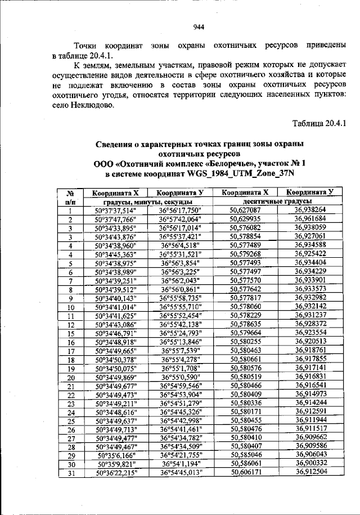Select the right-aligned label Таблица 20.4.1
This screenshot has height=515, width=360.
click(x=321, y=123)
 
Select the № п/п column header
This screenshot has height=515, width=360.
click(x=71, y=196)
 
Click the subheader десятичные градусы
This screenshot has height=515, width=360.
click(x=277, y=201)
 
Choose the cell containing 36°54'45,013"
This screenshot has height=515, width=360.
click(x=181, y=473)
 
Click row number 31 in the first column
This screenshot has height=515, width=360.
click(x=71, y=473)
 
